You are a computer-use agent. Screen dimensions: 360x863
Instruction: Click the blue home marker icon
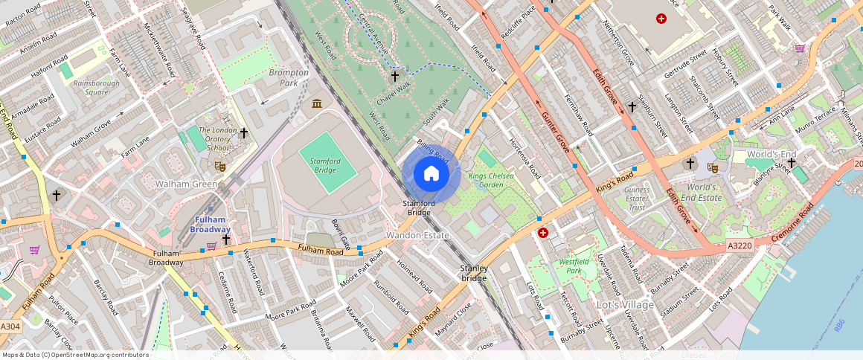click(431, 174)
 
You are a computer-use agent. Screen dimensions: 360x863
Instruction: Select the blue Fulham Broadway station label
click(210, 225)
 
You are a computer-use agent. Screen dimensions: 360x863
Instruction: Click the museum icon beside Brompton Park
click(318, 103)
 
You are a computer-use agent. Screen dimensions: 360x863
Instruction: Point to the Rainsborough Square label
click(96, 88)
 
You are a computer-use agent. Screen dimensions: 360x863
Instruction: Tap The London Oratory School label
click(217, 139)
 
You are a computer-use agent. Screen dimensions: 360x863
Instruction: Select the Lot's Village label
click(625, 305)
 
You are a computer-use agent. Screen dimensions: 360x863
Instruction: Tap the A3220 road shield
click(740, 245)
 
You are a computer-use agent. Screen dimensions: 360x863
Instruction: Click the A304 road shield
click(10, 327)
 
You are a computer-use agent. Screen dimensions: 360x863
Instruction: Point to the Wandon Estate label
click(417, 235)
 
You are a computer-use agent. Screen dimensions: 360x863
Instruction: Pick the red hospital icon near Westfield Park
click(543, 233)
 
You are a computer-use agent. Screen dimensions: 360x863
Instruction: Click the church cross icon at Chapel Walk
click(395, 76)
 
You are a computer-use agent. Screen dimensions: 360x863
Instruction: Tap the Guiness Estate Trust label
click(637, 199)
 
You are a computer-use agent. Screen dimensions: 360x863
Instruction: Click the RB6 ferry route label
click(839, 324)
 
